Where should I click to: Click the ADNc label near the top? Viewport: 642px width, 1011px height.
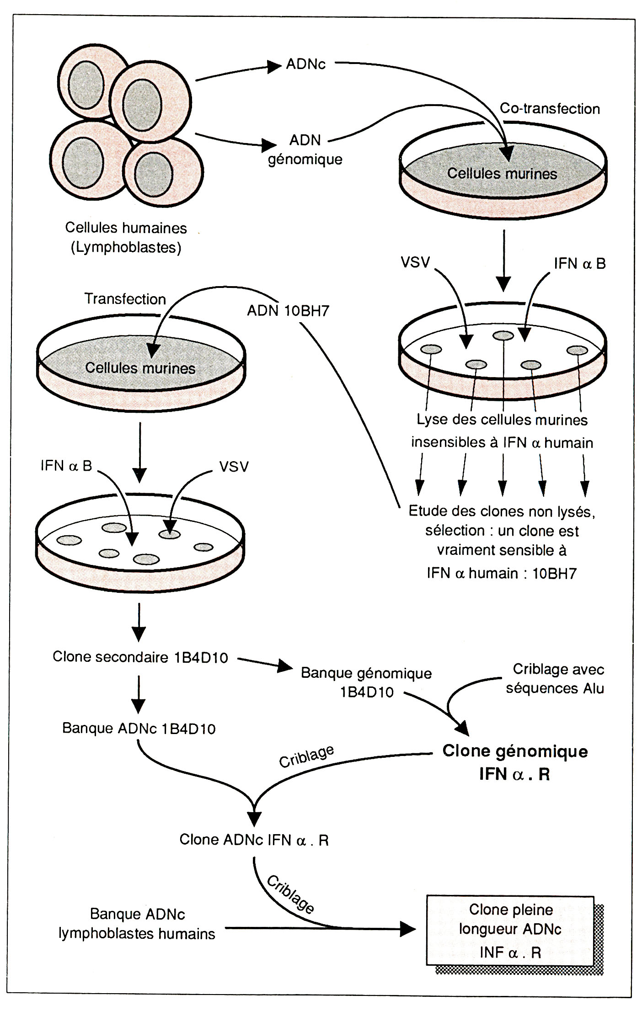click(x=305, y=64)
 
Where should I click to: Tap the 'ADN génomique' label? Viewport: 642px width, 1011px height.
click(x=305, y=149)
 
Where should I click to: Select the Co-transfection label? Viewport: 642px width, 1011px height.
click(x=550, y=109)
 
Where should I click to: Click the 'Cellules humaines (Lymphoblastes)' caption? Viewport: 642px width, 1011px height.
click(x=126, y=237)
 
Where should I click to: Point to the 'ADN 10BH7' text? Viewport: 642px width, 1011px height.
click(x=288, y=311)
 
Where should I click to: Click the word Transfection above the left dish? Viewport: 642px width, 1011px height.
click(x=125, y=299)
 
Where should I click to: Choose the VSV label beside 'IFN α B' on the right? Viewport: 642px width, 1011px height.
click(x=415, y=262)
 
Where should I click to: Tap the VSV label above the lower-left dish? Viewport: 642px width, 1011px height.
click(x=234, y=467)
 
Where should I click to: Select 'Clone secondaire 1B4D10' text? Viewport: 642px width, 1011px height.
click(x=140, y=657)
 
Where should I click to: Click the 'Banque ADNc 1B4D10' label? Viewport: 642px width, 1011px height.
click(x=139, y=728)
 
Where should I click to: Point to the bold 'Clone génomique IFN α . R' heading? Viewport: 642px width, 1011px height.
click(x=515, y=762)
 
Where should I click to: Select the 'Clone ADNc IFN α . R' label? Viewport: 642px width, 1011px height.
click(x=254, y=840)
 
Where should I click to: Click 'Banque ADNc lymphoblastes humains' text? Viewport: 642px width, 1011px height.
click(x=137, y=924)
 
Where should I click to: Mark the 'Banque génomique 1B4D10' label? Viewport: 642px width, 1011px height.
click(x=366, y=682)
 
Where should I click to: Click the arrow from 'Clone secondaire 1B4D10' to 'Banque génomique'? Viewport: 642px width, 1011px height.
click(x=264, y=664)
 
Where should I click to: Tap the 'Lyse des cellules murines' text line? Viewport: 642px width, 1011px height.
click(x=502, y=420)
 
